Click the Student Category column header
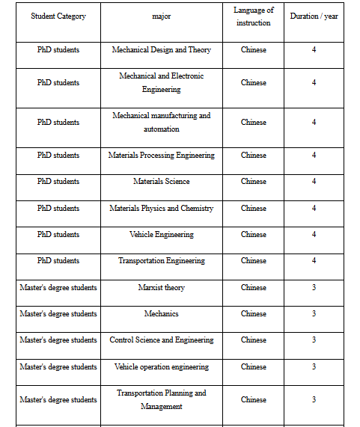tap(58, 16)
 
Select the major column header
tap(161, 16)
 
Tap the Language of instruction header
tap(253, 16)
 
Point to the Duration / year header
tap(314, 16)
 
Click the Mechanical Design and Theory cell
tap(161, 50)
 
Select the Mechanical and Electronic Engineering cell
tap(161, 82)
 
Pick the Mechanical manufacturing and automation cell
tap(161, 122)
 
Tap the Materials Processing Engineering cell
tap(161, 156)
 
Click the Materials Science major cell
tap(161, 182)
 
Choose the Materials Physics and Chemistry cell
tap(161, 209)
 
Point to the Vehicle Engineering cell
tap(161, 235)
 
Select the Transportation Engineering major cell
tap(161, 261)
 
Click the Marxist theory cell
tap(161, 288)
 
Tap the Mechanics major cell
tap(161, 314)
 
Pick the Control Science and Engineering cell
tap(161, 340)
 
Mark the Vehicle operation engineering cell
tap(161, 367)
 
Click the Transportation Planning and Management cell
tap(161, 399)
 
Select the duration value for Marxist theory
tap(314, 288)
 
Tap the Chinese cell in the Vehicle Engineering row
tap(253, 235)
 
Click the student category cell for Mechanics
tap(58, 314)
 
